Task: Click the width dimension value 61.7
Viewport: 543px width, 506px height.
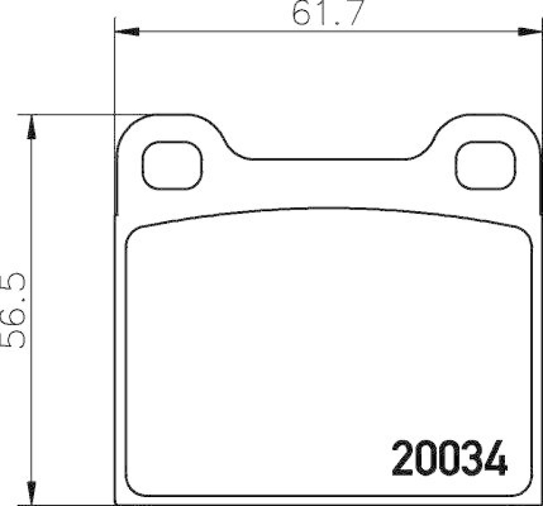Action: pos(329,14)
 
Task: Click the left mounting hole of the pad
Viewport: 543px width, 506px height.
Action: pos(172,165)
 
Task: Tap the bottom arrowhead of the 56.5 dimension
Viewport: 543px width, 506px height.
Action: pos(31,492)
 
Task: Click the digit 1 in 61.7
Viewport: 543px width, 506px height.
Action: pos(323,14)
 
